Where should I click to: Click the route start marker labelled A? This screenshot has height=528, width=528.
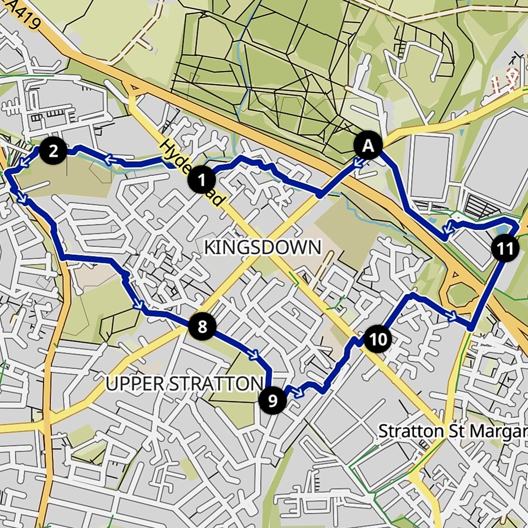click(368, 146)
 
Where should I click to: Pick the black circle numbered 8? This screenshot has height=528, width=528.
click(202, 327)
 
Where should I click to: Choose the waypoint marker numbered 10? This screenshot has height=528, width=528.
click(377, 339)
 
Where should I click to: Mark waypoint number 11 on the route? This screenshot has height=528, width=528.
click(505, 249)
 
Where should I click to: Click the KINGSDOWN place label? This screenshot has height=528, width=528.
click(262, 247)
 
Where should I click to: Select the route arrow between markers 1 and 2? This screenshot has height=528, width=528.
click(111, 158)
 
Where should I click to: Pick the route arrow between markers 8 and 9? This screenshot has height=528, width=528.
click(253, 355)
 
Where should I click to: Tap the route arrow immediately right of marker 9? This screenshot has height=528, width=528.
click(296, 392)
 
